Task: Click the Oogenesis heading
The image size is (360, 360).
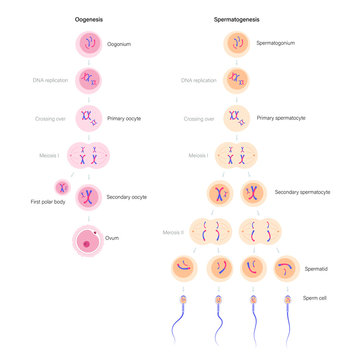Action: tap(87, 19)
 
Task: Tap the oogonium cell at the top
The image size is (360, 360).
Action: tap(87, 44)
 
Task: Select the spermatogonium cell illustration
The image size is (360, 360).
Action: tap(238, 44)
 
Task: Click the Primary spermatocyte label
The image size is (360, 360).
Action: tap(281, 117)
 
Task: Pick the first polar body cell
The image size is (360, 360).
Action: tap(62, 187)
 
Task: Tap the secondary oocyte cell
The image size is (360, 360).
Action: tap(87, 196)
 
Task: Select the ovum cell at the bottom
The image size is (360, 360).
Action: tap(87, 240)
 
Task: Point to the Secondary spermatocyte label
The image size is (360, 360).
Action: tap(301, 191)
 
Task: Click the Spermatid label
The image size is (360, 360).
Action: tap(316, 269)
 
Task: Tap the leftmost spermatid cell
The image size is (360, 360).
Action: tap(185, 268)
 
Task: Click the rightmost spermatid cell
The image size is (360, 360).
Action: tap(287, 268)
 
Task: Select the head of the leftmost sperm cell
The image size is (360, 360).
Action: tap(185, 299)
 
